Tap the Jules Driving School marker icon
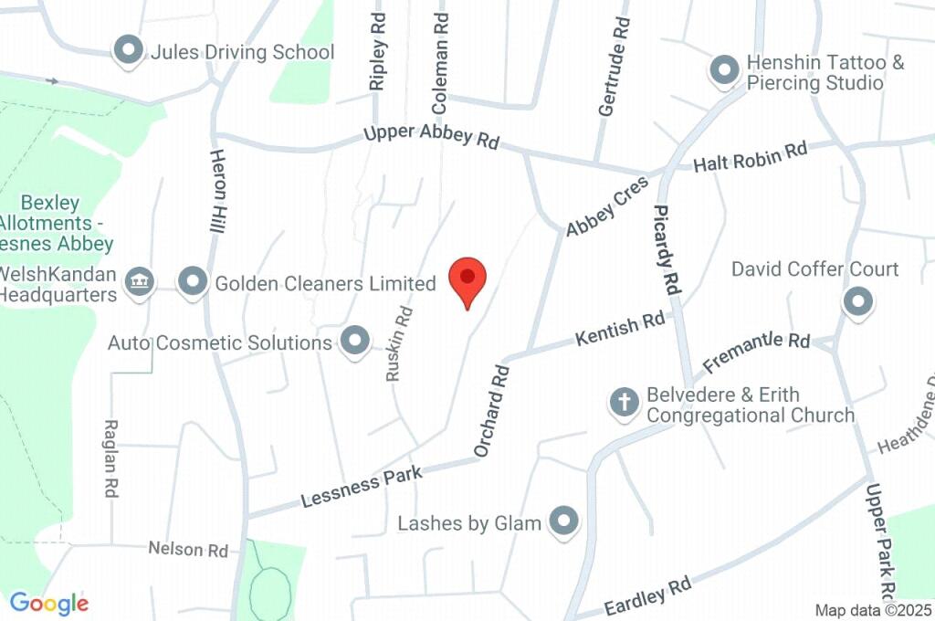pyautogui.click(x=129, y=51)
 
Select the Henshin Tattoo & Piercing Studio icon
pyautogui.click(x=724, y=70)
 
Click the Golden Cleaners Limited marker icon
pyautogui.click(x=193, y=283)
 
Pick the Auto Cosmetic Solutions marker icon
pyautogui.click(x=353, y=342)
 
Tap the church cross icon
pyautogui.click(x=624, y=402)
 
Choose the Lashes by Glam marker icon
pyautogui.click(x=564, y=521)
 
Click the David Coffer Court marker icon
pyautogui.click(x=857, y=301)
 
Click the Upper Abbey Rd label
pyautogui.click(x=432, y=136)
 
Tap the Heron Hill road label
pyautogui.click(x=217, y=191)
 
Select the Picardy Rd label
pyautogui.click(x=668, y=248)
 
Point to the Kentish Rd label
pyautogui.click(x=620, y=330)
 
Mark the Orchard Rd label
pyautogui.click(x=490, y=411)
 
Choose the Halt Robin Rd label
pyautogui.click(x=751, y=157)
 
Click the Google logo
pyautogui.click(x=49, y=603)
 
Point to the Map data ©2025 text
pyautogui.click(x=874, y=610)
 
